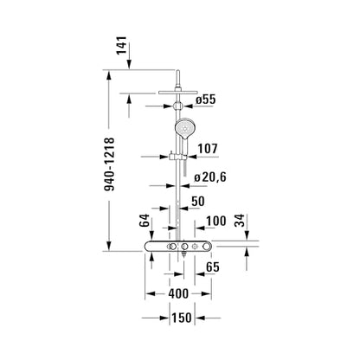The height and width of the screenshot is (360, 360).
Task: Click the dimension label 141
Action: (121, 45)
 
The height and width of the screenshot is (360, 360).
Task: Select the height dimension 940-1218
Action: (109, 164)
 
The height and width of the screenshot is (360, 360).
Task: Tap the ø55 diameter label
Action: (205, 100)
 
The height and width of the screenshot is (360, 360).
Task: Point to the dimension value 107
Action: (208, 149)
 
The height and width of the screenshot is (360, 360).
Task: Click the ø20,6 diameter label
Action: (210, 177)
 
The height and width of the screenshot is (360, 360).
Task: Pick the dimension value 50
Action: (198, 202)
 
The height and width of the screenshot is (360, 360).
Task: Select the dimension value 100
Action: (216, 222)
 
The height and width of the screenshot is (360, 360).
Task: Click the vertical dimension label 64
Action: (145, 221)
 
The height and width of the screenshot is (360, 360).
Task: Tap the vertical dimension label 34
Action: (240, 221)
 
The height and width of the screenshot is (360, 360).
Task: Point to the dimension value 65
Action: (213, 267)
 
